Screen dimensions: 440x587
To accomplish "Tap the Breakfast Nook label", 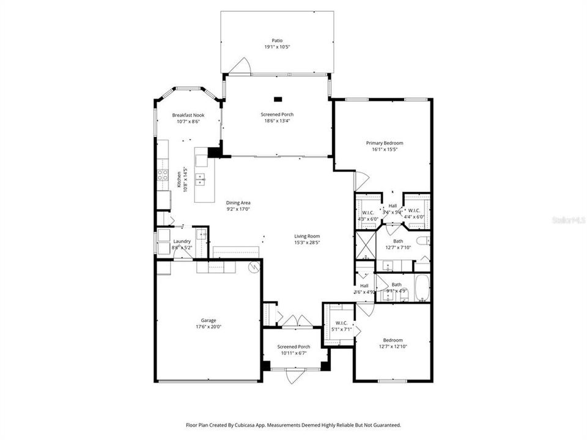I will click(x=188, y=115).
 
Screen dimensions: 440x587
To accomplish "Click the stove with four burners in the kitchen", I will click(x=163, y=175).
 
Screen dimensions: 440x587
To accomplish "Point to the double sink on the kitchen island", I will click(x=200, y=179).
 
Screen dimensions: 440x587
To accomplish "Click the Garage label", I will click(x=209, y=320).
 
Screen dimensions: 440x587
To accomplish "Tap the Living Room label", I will click(x=307, y=236).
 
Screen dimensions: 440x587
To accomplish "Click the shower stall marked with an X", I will click(x=365, y=248).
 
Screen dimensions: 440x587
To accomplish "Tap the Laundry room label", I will click(x=182, y=241).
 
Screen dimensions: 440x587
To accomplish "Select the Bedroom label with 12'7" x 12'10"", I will click(x=393, y=340).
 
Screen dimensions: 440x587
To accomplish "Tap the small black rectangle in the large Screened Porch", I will click(x=278, y=98).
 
